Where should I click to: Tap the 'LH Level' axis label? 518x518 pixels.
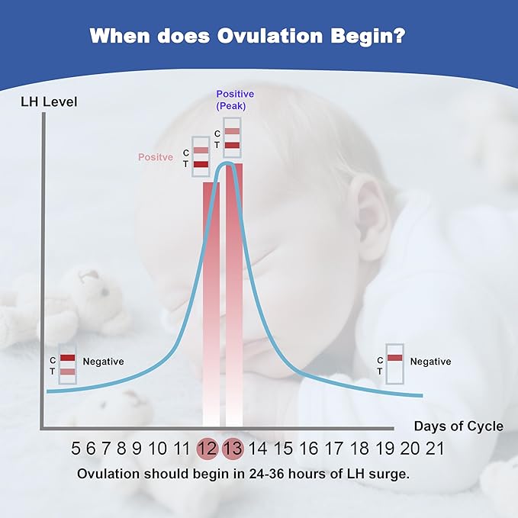pos(49,101)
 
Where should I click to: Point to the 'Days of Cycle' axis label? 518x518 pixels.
pos(458,426)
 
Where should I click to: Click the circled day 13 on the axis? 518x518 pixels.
pos(233,449)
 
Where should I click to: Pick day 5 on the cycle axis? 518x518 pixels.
pos(76,449)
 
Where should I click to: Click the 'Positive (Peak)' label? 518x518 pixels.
pos(236,100)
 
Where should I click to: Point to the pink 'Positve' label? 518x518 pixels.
pos(156,157)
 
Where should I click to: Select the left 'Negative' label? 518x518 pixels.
pos(103,362)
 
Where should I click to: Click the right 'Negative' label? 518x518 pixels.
pos(430,362)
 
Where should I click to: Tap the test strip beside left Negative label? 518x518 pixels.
pos(68,364)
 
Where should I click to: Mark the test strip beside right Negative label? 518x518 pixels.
pos(395,364)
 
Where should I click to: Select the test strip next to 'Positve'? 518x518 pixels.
pos(201,157)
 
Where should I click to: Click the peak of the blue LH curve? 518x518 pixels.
pos(227,162)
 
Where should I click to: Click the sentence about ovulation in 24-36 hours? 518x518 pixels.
pos(243,473)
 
